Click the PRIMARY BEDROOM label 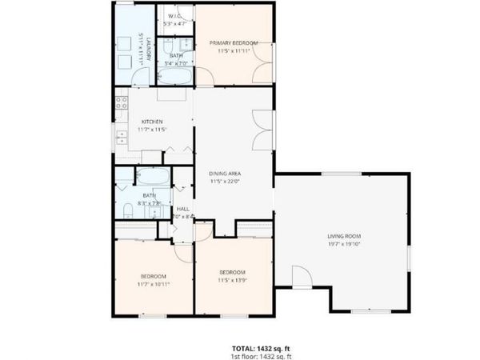[x=234, y=42]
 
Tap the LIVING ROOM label [x=344, y=236]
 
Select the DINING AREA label [x=225, y=174]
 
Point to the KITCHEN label [x=153, y=122]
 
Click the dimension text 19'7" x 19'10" [x=344, y=244]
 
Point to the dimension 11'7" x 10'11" [x=154, y=284]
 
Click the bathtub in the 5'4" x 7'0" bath [x=175, y=78]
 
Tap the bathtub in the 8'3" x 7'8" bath [x=152, y=177]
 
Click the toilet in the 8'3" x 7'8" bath [x=128, y=211]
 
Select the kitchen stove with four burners [x=122, y=102]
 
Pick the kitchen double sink [x=120, y=136]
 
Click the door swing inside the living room [x=301, y=277]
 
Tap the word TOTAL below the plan [x=244, y=349]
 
